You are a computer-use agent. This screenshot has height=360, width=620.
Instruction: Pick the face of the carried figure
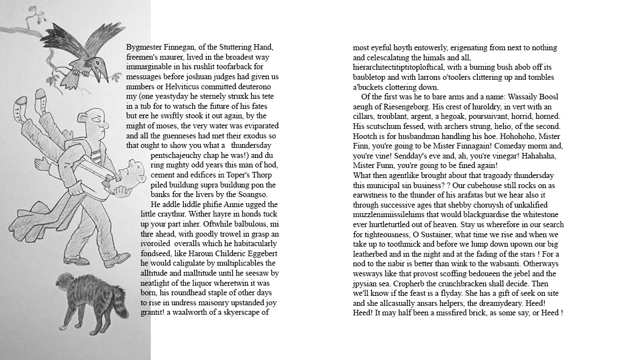coord(133,173)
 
